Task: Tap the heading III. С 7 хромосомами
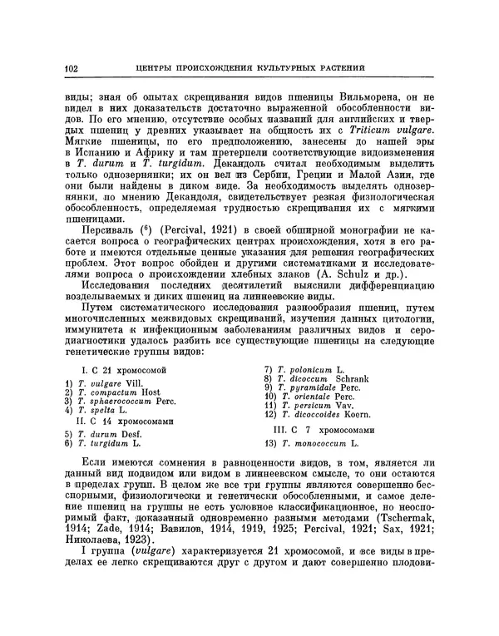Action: pyautogui.click(x=324, y=430)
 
